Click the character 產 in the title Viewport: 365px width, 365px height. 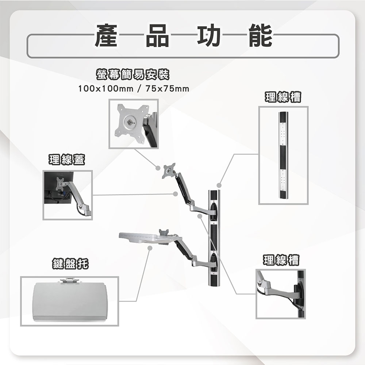(x=106, y=36)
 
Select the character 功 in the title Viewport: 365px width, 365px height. (x=209, y=36)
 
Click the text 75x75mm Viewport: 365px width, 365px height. (x=167, y=89)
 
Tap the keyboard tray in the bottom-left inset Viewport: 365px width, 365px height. (x=69, y=300)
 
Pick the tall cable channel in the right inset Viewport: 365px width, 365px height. (x=283, y=155)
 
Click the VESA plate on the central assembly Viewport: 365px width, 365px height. (x=169, y=170)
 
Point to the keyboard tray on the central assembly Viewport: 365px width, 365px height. (x=146, y=237)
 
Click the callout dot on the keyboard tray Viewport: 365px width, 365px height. (x=150, y=248)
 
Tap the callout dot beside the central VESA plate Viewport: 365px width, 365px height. (x=158, y=168)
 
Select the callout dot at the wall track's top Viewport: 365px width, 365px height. (x=219, y=185)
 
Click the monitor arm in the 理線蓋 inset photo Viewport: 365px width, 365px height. (x=75, y=195)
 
